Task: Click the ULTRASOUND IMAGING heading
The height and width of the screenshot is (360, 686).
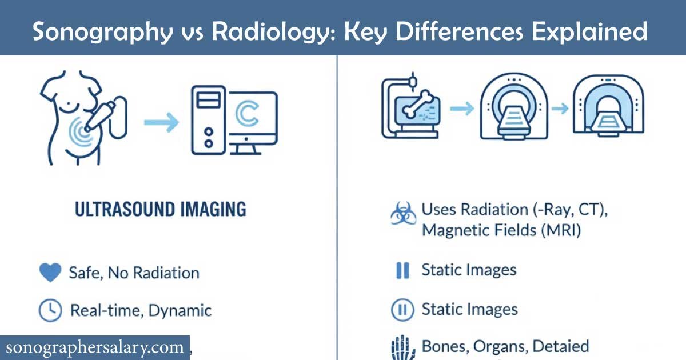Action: pos(161,209)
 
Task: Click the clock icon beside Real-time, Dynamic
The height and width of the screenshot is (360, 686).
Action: pos(50,310)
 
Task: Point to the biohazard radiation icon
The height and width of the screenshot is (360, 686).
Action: pos(402,215)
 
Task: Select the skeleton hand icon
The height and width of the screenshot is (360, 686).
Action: pos(402,346)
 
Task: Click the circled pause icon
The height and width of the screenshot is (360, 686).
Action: pos(402,310)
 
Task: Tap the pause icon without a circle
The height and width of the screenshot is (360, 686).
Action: pos(402,270)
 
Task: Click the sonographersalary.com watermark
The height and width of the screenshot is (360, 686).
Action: pos(95,347)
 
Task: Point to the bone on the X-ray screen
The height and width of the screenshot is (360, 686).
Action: pos(417,105)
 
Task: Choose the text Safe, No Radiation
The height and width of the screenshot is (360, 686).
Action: pos(134,273)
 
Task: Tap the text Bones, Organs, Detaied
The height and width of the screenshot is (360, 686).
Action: pos(505,346)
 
